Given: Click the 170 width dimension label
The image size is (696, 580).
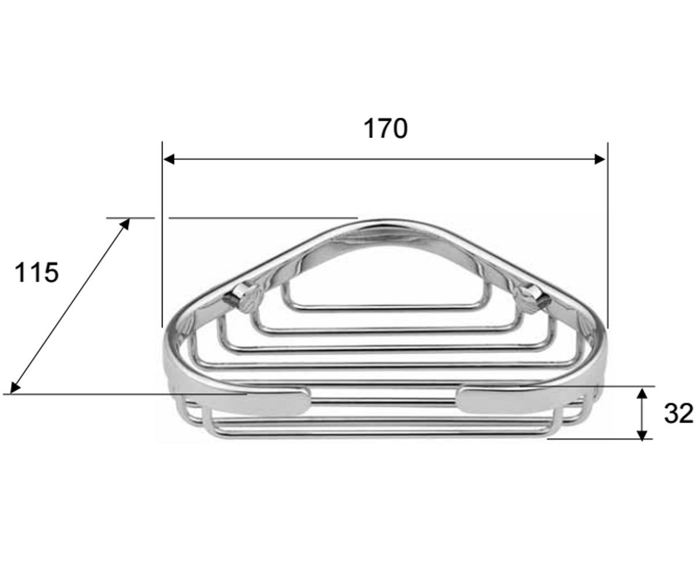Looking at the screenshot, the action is pos(385,129).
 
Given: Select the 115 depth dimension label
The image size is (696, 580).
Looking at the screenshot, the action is pos(37,273).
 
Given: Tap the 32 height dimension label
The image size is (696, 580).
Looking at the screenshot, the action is pos(679,414).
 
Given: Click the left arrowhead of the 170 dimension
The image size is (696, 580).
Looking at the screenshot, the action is pos(169,159).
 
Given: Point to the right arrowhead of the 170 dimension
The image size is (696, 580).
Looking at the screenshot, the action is pos(600,159).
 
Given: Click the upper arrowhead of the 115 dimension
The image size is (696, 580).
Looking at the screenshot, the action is pos(125,224).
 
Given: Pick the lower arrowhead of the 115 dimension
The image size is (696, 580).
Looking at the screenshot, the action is pos(15,387).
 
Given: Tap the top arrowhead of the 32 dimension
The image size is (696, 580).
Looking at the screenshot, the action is pos(642,393).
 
